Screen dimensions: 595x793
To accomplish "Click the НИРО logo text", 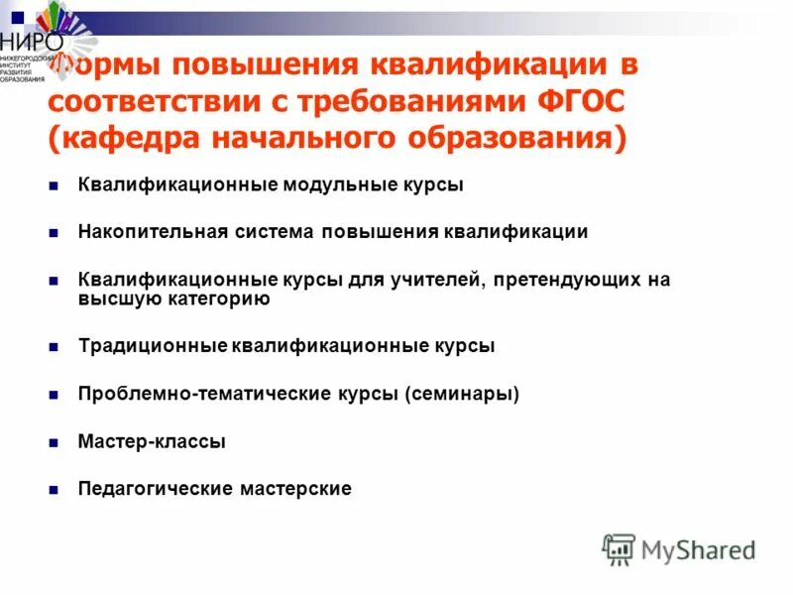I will (x=32, y=44).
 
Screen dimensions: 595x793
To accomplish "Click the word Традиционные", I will (x=151, y=346).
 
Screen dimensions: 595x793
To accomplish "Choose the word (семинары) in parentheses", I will (x=461, y=394).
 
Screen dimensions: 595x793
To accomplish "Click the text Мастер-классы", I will (x=152, y=441).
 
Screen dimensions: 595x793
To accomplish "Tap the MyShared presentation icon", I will (x=619, y=549).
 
